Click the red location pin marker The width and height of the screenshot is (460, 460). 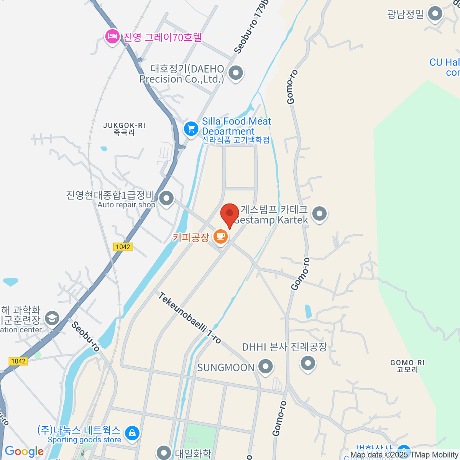point(230,214)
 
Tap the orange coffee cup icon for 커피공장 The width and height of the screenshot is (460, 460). point(220,236)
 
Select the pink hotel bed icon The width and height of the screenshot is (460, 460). point(112,36)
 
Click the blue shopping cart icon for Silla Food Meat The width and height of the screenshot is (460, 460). point(191,128)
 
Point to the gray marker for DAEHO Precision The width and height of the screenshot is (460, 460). point(236,72)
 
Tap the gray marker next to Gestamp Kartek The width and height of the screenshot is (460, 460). point(319,214)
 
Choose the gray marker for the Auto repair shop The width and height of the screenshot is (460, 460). point(166,199)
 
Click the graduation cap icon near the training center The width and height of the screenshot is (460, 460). point(52,318)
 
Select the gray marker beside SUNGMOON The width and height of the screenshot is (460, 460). point(265,366)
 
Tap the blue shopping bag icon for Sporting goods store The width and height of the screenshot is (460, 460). point(132,433)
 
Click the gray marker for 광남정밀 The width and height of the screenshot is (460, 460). point(435,14)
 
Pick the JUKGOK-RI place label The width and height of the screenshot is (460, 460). point(125,129)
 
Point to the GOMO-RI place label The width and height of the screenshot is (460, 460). point(407,366)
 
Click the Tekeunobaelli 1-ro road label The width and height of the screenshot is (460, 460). point(190,318)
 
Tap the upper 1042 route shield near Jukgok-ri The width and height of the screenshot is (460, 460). point(123,247)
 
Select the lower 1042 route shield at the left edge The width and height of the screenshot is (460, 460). point(18,361)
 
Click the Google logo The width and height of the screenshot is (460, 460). point(24,452)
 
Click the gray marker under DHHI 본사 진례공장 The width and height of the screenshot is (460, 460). point(308,363)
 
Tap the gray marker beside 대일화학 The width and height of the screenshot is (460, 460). point(164,453)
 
